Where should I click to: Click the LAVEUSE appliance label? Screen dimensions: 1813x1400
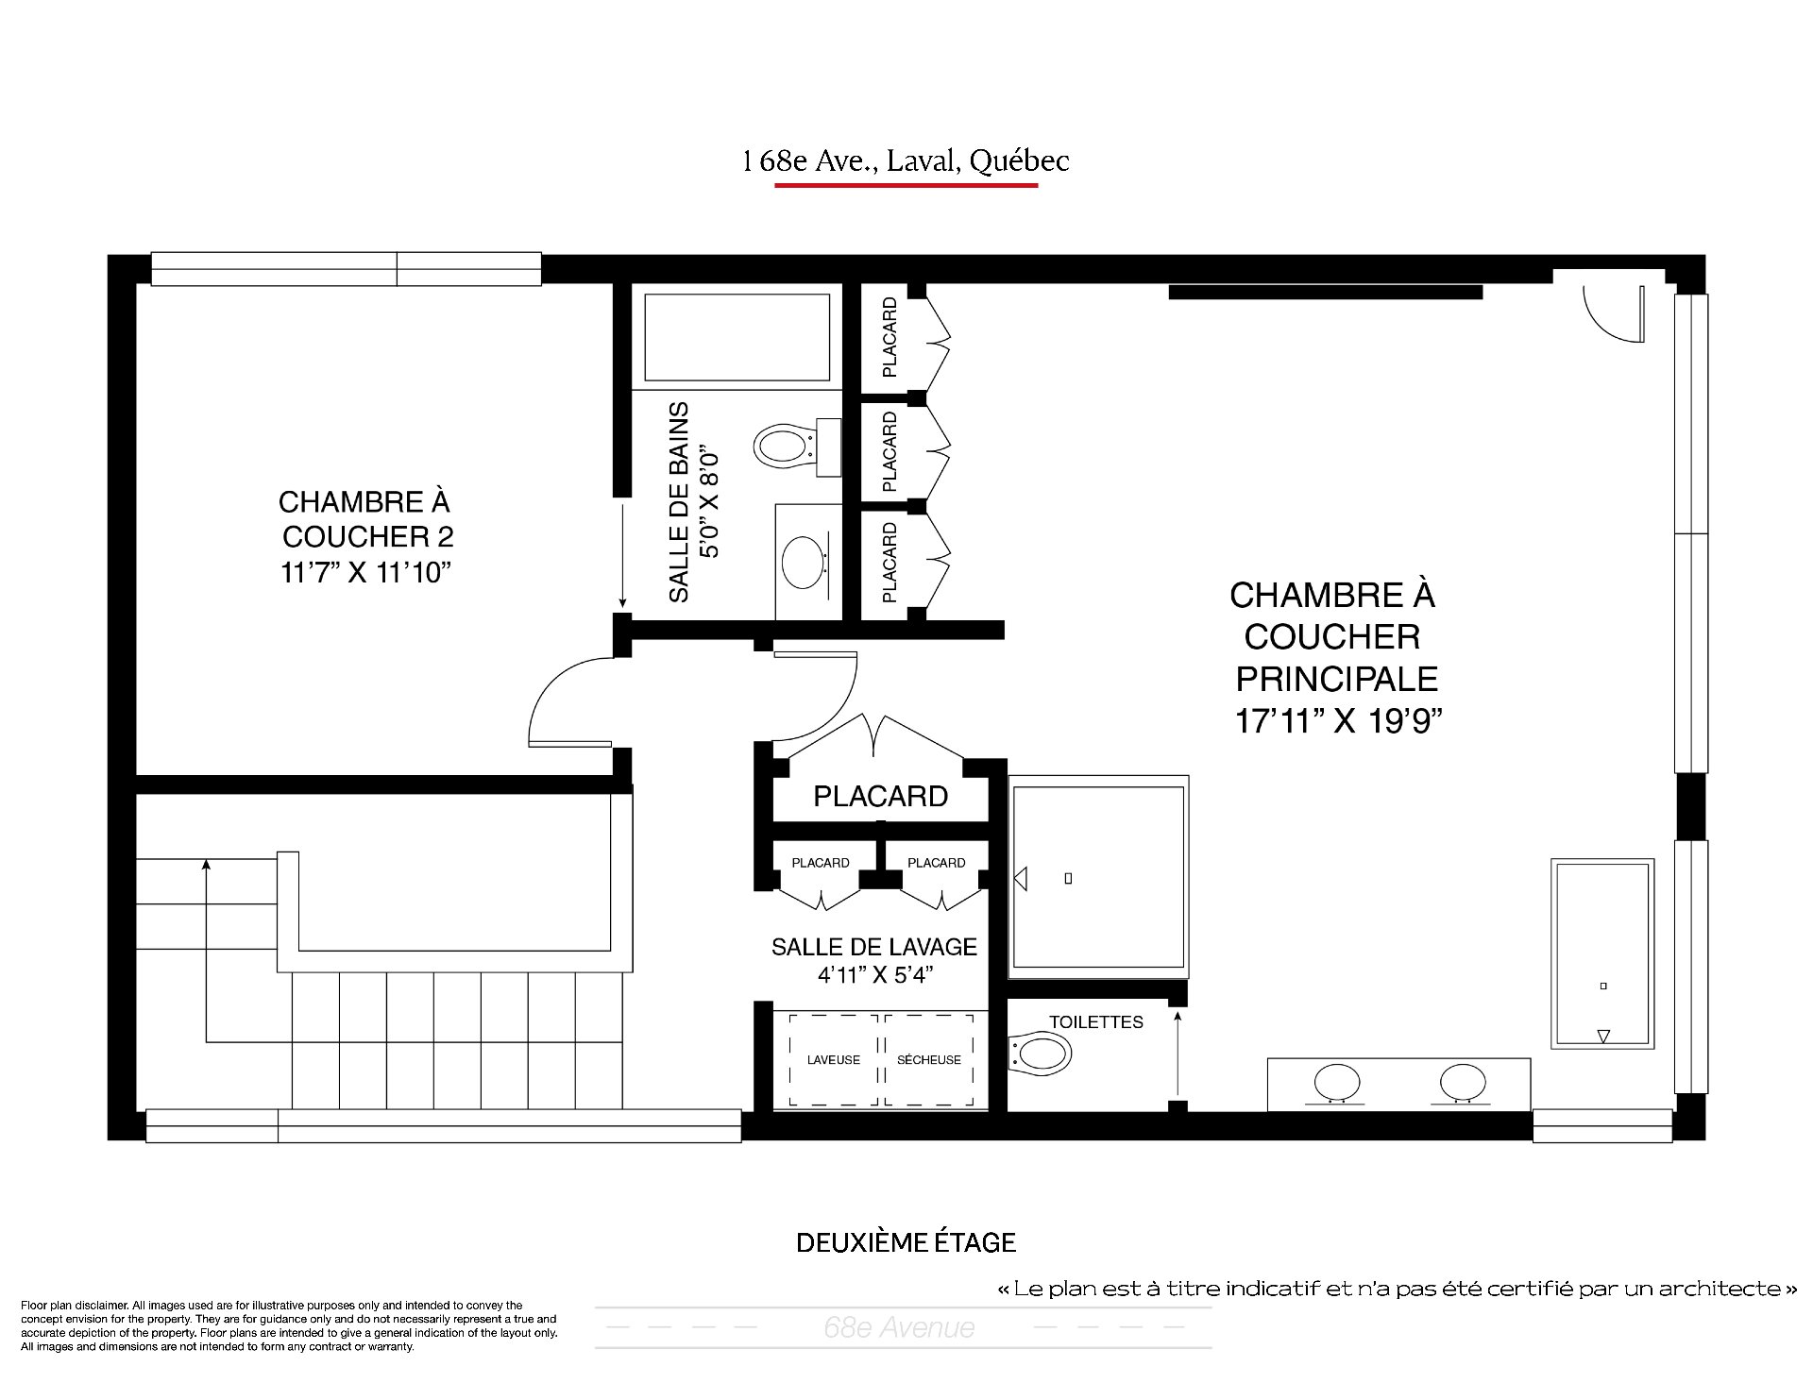834,1060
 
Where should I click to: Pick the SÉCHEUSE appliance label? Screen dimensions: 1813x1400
929,1060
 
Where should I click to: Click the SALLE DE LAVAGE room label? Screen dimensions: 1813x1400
874,947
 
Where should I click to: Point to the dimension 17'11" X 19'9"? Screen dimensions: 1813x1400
1339,721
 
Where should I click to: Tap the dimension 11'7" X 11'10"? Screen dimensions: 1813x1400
362,573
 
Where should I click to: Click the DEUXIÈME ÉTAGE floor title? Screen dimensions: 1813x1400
906,1242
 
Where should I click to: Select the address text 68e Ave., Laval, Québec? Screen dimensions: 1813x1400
906,161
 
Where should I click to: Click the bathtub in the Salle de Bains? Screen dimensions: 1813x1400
737,337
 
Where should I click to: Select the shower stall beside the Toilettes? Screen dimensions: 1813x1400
1098,874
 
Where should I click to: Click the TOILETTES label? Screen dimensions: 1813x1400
1096,1022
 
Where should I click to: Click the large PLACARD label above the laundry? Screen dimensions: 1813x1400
881,797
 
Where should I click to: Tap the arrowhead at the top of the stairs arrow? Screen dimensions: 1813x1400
206,863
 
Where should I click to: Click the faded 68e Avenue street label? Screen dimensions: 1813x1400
899,1328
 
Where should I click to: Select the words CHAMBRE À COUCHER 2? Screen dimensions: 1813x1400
366,518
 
